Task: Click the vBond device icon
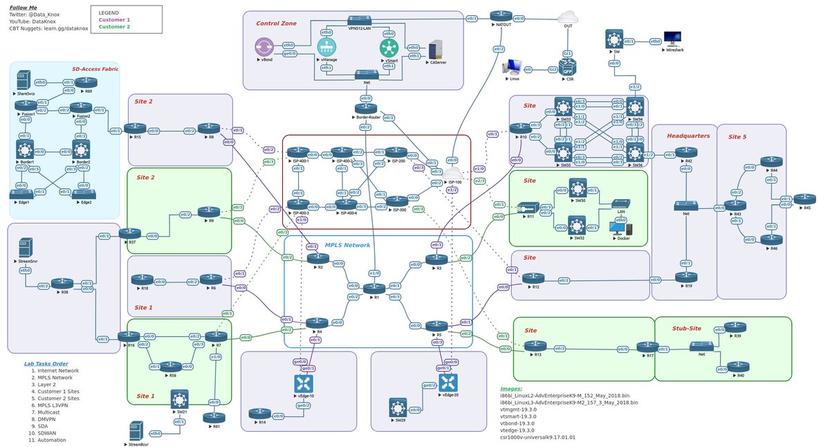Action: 264,48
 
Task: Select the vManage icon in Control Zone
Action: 326,47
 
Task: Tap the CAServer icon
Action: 436,49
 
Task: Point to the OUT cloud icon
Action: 569,17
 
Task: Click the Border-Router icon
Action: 366,108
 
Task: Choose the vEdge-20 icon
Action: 449,382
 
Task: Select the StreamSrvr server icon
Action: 24,248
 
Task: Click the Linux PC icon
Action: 513,66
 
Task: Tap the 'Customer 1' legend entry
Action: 114,20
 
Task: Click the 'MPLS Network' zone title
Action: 347,245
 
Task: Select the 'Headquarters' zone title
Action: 688,136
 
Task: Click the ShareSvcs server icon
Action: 24,79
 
